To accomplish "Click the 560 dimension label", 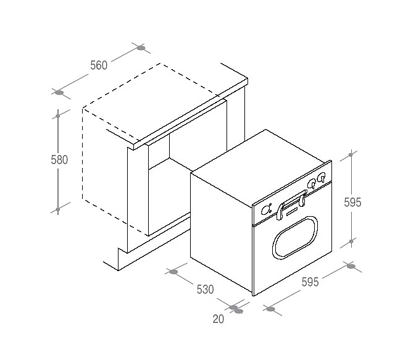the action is click(x=99, y=65).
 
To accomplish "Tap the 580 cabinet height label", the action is click(x=59, y=159).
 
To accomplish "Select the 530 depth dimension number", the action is click(x=205, y=290).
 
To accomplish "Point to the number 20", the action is click(x=218, y=319).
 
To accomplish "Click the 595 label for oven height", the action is click(x=352, y=203).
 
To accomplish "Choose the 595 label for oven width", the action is click(x=310, y=282).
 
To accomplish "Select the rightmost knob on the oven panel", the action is click(x=322, y=177).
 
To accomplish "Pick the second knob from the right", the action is click(x=312, y=183).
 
